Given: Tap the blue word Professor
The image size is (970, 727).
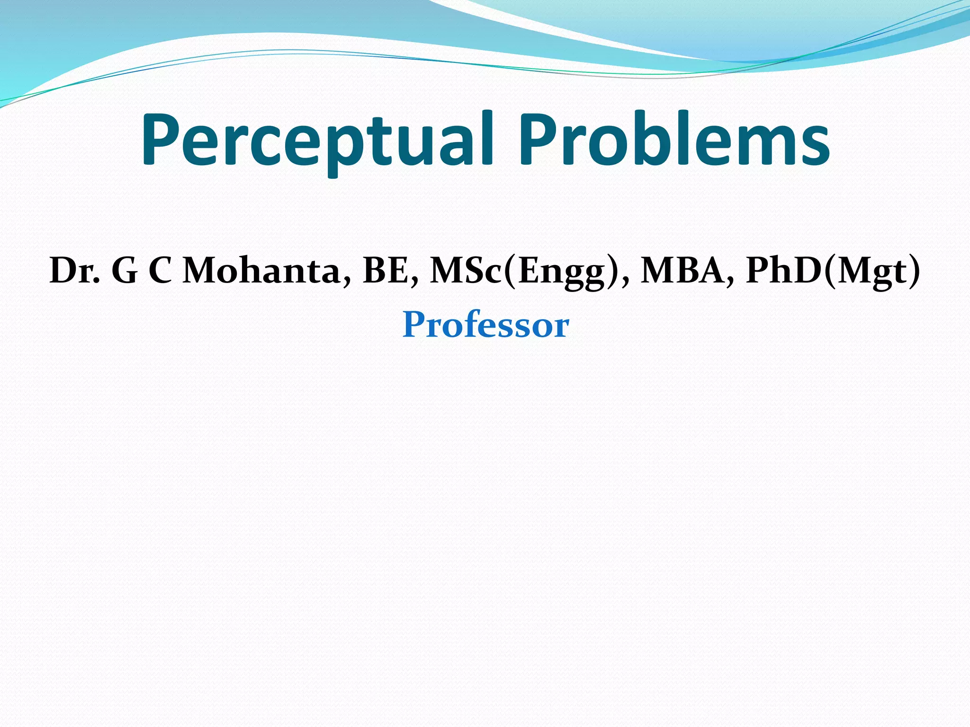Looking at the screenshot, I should pos(485,325).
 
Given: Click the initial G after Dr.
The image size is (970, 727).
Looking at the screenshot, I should pos(125,271).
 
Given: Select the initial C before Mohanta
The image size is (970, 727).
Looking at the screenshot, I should pos(161,271).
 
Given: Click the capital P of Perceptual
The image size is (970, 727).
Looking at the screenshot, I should pos(161,140).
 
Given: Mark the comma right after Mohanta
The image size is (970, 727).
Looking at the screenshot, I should pos(348,282).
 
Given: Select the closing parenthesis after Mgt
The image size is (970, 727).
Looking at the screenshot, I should pos(914,271).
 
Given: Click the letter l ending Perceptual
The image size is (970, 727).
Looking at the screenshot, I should pos(488,137).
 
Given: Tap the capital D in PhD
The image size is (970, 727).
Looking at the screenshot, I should pos(805,271).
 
